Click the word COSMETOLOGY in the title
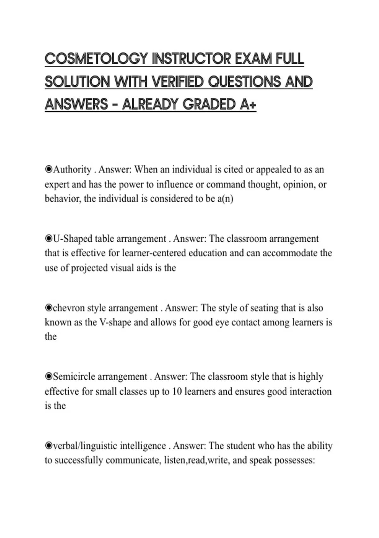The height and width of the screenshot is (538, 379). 96,59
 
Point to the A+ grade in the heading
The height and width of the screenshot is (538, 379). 248,104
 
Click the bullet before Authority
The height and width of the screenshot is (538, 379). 49,170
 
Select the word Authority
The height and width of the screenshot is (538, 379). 72,170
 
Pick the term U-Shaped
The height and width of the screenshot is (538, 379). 72,239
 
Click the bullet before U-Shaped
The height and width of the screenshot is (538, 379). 49,239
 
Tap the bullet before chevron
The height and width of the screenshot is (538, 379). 49,308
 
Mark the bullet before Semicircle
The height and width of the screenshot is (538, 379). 49,377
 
